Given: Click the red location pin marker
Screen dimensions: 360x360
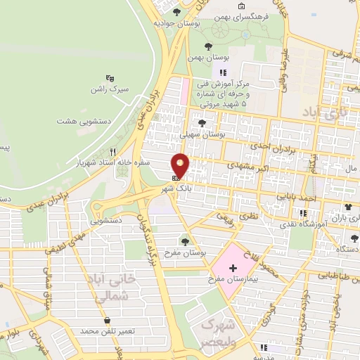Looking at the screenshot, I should click(x=181, y=166).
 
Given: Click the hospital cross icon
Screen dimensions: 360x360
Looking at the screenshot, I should click(x=233, y=269).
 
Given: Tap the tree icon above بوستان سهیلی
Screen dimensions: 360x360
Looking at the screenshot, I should click(x=202, y=122).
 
